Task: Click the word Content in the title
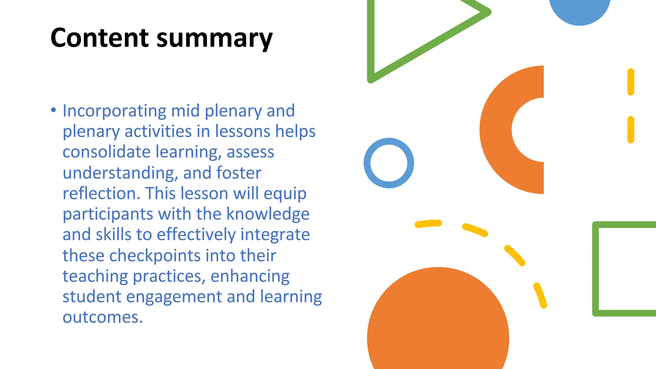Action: point(99,38)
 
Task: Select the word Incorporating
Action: point(114,111)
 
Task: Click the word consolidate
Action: point(106,152)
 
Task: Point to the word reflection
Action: point(101,193)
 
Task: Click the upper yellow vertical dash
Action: point(631,82)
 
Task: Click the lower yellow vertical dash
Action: point(631,129)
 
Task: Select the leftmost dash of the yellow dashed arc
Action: point(428,224)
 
